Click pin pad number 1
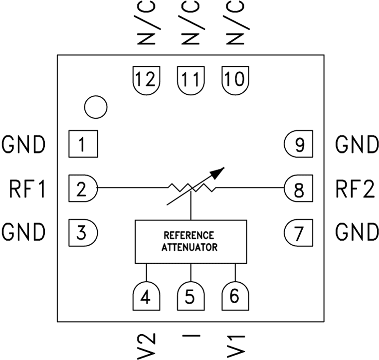(x=83, y=145)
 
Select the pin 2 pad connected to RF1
(x=83, y=188)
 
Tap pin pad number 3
(x=83, y=232)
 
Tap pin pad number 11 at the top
(x=190, y=78)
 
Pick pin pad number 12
(x=146, y=78)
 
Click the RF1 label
(x=28, y=189)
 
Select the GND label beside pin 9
(x=356, y=145)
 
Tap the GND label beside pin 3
(x=24, y=232)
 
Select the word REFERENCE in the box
(x=190, y=235)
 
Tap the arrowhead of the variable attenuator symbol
(x=217, y=173)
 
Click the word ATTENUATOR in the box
(x=190, y=247)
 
